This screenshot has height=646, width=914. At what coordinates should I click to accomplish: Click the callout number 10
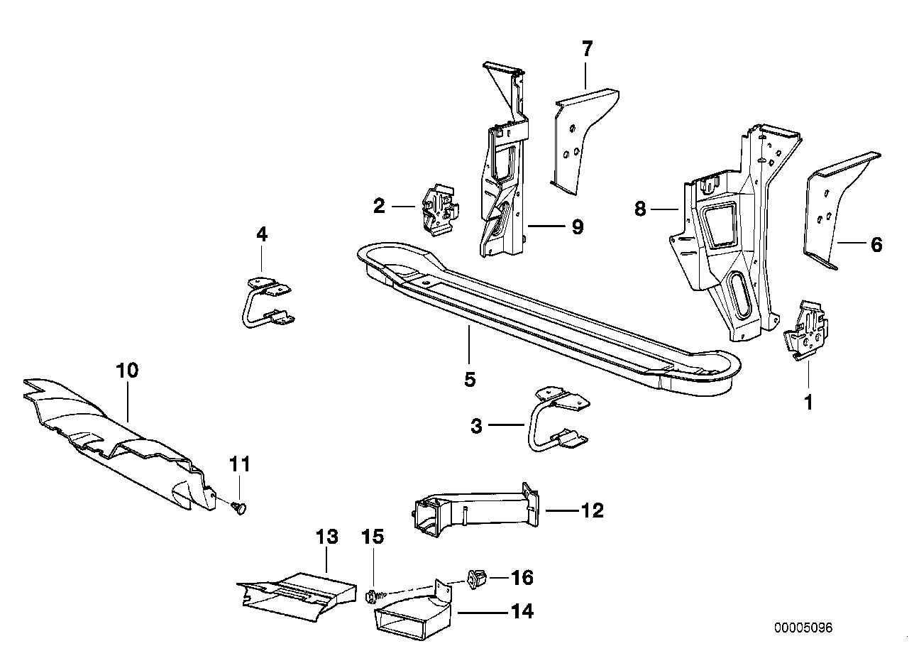[128, 371]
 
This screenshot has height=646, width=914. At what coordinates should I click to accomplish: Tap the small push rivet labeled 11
[241, 507]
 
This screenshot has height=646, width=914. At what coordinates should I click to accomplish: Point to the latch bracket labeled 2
[440, 210]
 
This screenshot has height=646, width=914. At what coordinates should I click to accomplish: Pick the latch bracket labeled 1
[805, 331]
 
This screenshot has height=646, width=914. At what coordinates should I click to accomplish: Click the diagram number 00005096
[803, 628]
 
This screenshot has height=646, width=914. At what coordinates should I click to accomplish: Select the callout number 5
[469, 380]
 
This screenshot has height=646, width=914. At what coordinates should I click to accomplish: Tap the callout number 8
[641, 209]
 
